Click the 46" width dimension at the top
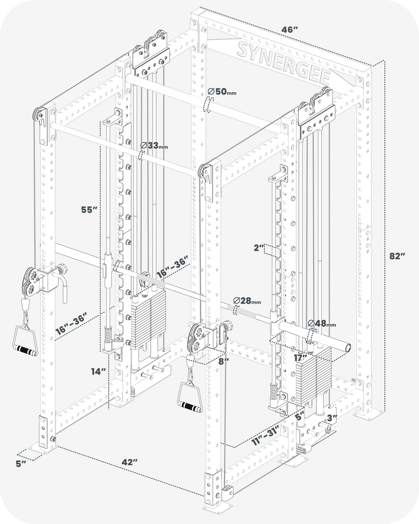coord(290,30)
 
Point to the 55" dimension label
coord(90,209)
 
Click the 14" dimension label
coord(99,371)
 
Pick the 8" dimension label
coord(224,361)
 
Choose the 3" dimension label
coord(332,418)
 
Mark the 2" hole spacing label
coord(258,248)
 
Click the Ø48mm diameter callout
coord(321,324)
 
